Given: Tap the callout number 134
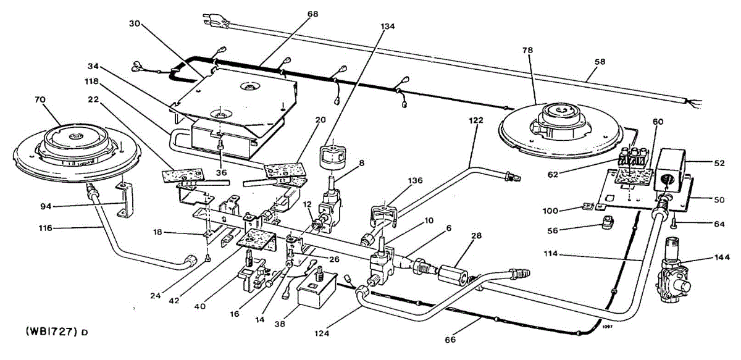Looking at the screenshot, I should (x=388, y=26).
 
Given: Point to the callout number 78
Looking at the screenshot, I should (x=527, y=49).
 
